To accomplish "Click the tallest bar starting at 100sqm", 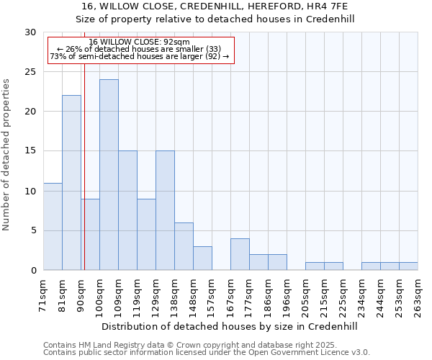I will point(109,175).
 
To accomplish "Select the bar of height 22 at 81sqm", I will point(71,183).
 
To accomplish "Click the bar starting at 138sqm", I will point(184,246).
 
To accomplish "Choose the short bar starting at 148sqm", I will point(202,258).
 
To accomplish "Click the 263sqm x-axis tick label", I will point(418,294).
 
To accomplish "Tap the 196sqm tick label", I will point(287,294).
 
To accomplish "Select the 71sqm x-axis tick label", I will point(43,294).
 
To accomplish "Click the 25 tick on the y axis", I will point(30,72).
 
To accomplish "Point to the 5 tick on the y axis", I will point(33,231).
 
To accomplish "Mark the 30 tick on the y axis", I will point(30,32).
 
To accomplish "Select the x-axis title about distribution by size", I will point(230,326).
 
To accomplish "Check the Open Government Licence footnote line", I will point(207,353).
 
